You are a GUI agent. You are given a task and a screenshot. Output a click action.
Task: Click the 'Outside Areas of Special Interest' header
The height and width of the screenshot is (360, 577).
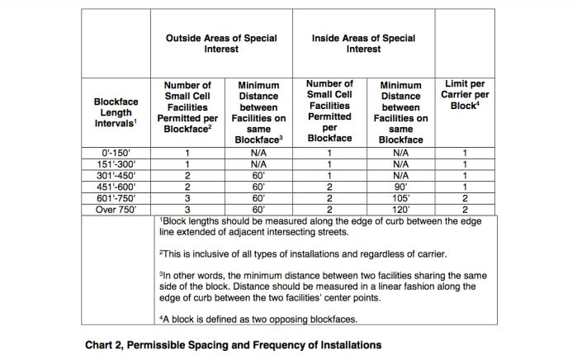coord(221,43)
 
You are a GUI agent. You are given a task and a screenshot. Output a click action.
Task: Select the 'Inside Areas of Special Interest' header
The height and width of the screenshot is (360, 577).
coord(363,43)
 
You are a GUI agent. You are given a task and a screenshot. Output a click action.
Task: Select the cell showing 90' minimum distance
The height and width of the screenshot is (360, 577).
coord(401,187)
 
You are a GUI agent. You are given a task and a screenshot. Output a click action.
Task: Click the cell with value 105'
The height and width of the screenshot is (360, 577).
coord(401,198)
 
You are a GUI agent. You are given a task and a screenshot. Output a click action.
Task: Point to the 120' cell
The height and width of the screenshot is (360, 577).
coord(401,210)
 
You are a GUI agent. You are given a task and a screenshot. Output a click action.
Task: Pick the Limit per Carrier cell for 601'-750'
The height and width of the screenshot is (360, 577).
coord(466,198)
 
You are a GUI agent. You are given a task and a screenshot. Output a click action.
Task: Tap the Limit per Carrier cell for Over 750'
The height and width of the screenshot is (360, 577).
coord(466,210)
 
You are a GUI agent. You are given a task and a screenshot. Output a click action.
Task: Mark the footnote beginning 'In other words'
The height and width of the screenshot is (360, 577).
coord(322,286)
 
